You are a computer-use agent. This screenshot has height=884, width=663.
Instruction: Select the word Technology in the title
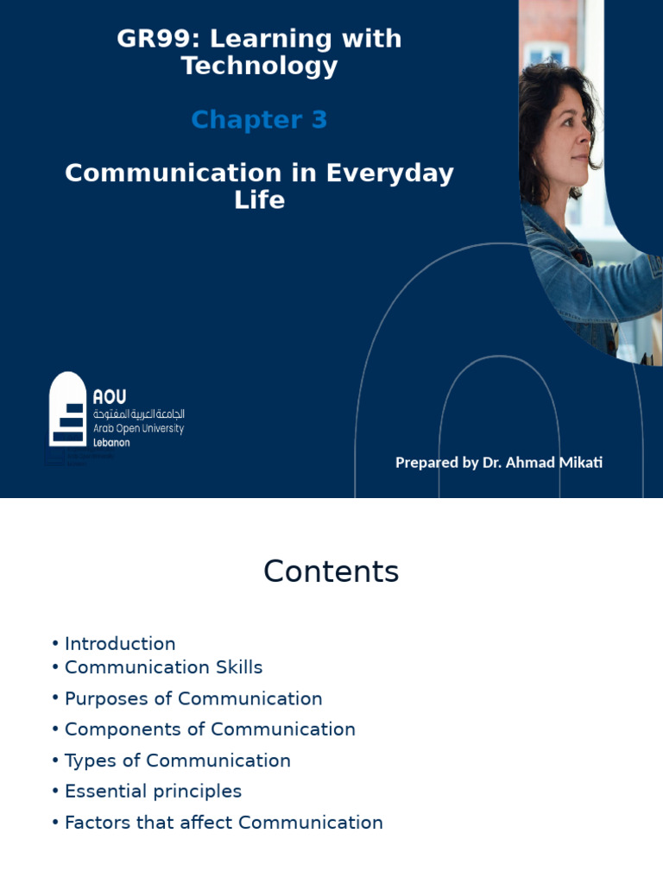point(259,66)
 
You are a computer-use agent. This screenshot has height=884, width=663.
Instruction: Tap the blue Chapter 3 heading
point(259,120)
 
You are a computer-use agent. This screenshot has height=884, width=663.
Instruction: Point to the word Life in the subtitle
point(259,200)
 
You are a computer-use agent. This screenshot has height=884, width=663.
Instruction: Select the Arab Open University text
point(138,428)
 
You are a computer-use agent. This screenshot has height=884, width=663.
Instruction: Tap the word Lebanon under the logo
point(111,442)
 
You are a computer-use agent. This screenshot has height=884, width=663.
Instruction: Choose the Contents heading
point(331,571)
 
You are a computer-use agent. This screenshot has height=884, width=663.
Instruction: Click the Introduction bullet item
point(120,644)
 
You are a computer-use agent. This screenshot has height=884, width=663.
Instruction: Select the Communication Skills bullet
point(163,667)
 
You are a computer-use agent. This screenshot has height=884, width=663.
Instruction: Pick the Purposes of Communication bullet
point(193,698)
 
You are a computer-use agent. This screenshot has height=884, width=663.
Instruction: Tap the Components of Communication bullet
point(210,729)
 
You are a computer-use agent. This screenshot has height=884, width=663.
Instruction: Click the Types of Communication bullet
point(177,761)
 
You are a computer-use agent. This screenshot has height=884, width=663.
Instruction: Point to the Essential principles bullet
point(153,792)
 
